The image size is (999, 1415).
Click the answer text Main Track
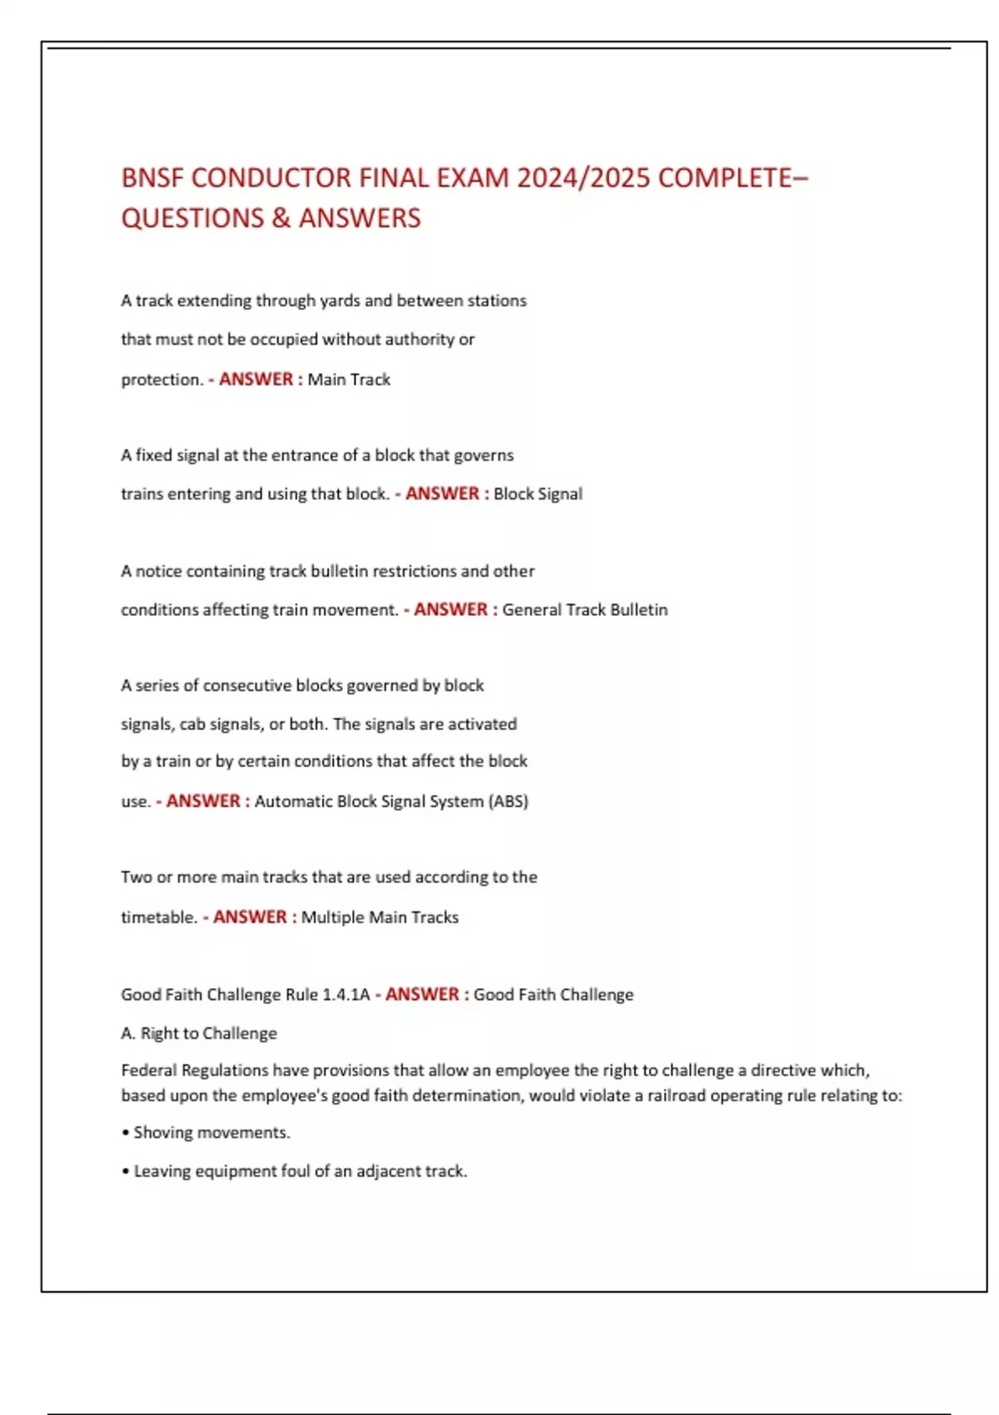coord(349,380)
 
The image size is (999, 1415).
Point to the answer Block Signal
coord(538,494)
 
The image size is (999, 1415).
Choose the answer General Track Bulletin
coord(584,609)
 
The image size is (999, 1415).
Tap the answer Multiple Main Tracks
coord(380,917)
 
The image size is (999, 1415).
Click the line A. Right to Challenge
coord(199,1033)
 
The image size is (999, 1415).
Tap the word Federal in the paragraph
coord(148,1070)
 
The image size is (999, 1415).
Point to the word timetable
coord(158,917)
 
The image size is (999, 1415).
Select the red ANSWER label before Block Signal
coord(442,494)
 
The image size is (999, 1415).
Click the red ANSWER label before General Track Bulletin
coord(450,609)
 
